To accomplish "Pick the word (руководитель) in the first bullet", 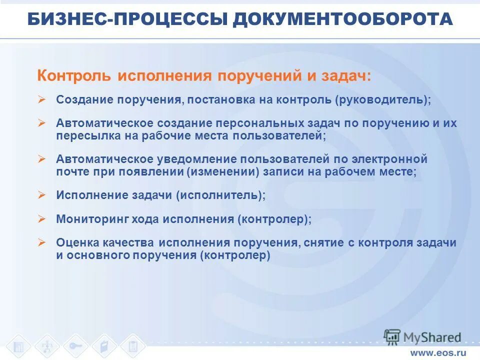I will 382,99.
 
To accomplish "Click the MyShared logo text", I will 431,337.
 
